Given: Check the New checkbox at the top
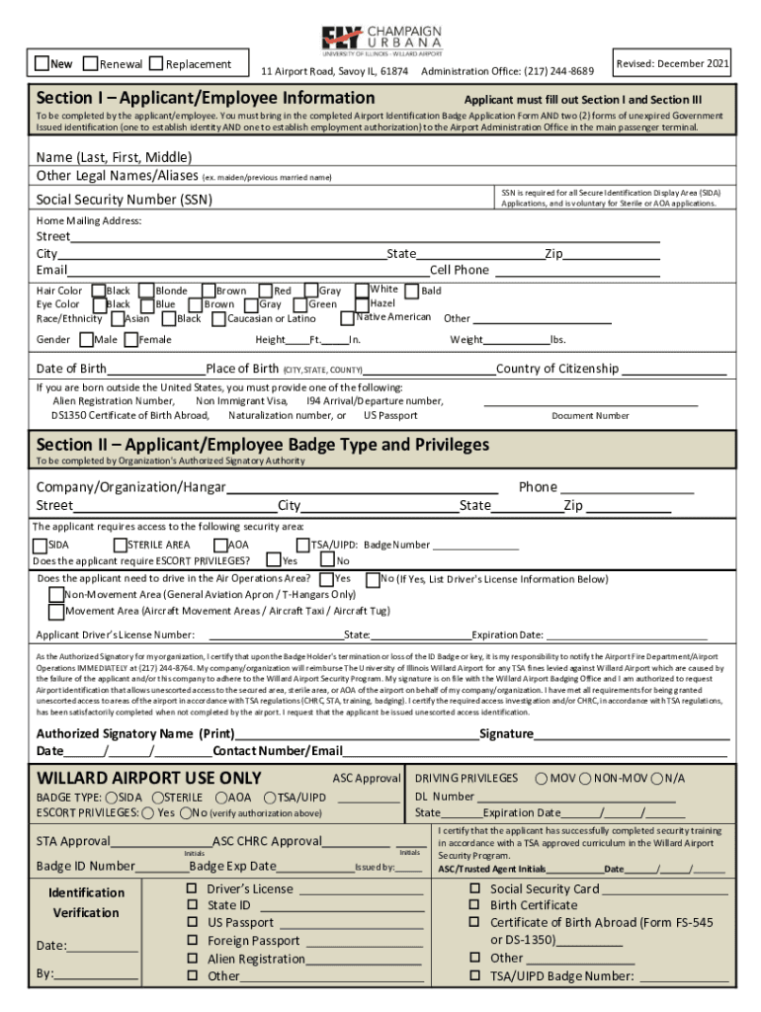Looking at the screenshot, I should (42, 64).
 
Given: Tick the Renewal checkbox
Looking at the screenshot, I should (90, 64).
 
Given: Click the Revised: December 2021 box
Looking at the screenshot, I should (672, 63).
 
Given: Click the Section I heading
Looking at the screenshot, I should (206, 98).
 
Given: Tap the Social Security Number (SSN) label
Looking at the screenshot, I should (124, 200).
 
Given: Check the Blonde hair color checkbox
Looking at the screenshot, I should (146, 292).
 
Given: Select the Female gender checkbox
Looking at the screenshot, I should (131, 340).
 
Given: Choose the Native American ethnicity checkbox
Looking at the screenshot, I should (347, 318).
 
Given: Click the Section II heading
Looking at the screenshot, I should (263, 445).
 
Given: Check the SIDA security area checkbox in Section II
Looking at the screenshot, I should (40, 546).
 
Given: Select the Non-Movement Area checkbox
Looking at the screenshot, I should (56, 595).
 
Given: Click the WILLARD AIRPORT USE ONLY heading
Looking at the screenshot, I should (149, 779).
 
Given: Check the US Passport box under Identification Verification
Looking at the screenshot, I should (193, 923).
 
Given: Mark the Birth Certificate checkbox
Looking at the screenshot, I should (474, 905).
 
